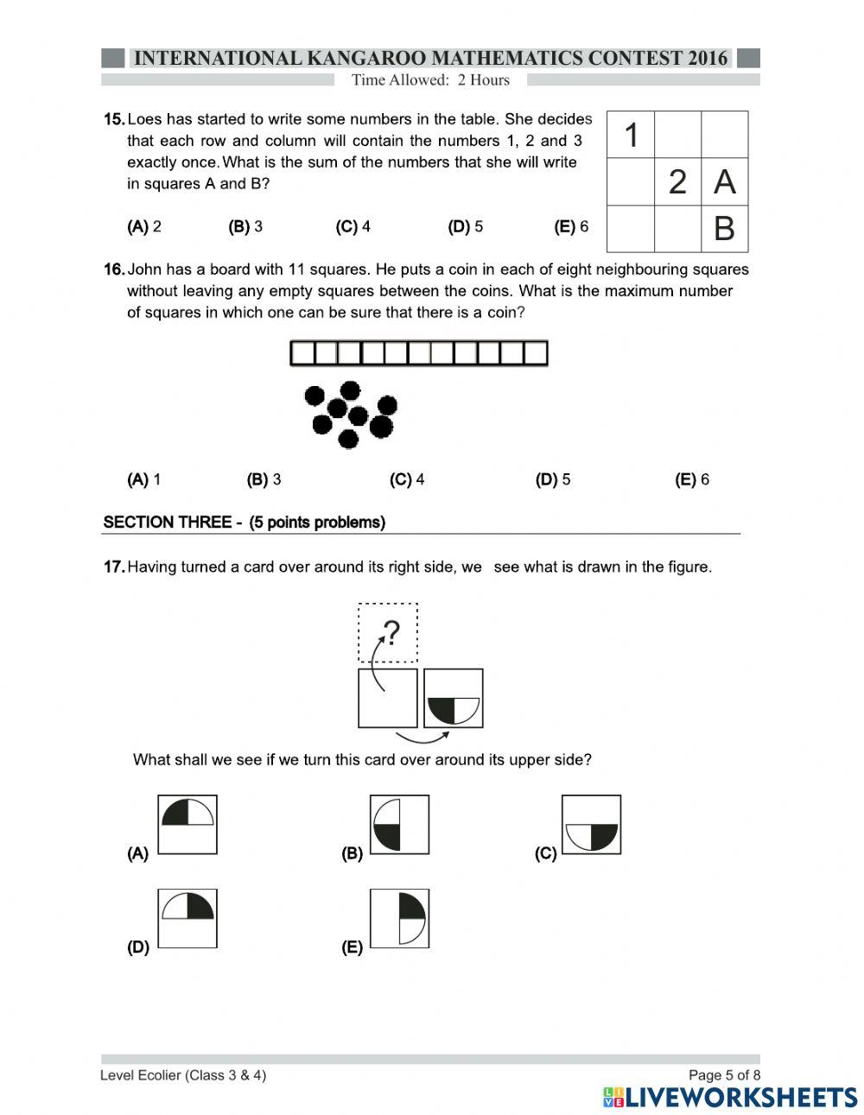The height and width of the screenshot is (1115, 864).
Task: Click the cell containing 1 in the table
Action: [x=631, y=135]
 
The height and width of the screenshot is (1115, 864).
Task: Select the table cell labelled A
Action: [x=724, y=182]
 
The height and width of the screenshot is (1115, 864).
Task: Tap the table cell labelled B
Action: [x=724, y=229]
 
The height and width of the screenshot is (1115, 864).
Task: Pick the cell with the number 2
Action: [x=677, y=182]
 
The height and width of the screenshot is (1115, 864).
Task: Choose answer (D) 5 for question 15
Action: [x=465, y=227]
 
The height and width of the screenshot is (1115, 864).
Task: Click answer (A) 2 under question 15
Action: [x=144, y=227]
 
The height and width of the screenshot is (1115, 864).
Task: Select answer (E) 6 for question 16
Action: [x=691, y=479]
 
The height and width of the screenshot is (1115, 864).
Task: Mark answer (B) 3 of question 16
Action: [x=264, y=479]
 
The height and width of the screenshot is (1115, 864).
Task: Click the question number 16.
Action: [x=114, y=269]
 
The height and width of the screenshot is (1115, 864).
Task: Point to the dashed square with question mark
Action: [x=388, y=633]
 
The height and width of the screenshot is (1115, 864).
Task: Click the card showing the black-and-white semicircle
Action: [x=454, y=698]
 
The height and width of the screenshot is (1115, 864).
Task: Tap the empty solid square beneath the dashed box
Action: [x=388, y=698]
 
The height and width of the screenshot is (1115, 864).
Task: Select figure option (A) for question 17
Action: [x=187, y=825]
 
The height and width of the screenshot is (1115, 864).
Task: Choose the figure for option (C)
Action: [x=591, y=825]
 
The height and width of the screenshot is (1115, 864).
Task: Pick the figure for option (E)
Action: [x=399, y=918]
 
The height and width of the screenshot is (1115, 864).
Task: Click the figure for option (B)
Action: [x=399, y=825]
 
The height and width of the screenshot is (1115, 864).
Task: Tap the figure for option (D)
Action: [x=187, y=918]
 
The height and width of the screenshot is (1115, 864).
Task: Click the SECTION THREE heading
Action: [x=244, y=523]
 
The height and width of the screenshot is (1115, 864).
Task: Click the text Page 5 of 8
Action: [x=724, y=1075]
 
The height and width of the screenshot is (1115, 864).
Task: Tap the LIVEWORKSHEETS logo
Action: [x=730, y=1097]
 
